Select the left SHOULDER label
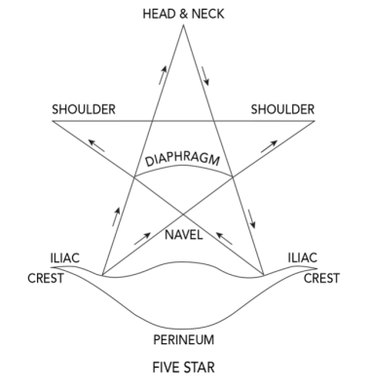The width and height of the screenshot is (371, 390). (x=86, y=109)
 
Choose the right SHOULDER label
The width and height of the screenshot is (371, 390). (x=280, y=109)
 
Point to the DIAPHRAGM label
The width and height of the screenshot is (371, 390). (x=184, y=158)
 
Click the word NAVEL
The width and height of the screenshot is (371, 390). (x=183, y=235)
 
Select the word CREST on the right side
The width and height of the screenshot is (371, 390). (x=320, y=277)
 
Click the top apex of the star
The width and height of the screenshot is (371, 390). (x=183, y=26)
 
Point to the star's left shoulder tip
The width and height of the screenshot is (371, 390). (x=53, y=122)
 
